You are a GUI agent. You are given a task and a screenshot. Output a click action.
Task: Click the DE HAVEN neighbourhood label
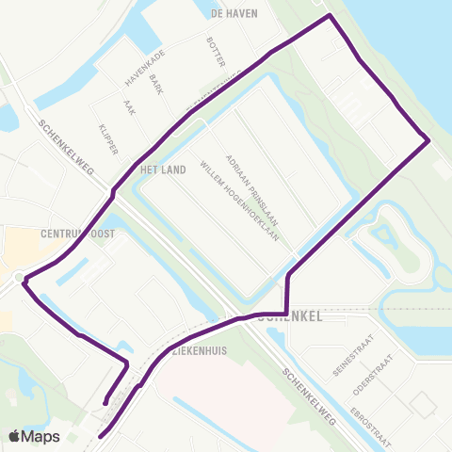[x=229, y=15]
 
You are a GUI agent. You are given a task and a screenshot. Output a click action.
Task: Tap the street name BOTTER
[x=217, y=53]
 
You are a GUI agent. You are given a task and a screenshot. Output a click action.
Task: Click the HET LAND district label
[x=159, y=170]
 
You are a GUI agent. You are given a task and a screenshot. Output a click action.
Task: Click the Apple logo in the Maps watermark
[x=16, y=436]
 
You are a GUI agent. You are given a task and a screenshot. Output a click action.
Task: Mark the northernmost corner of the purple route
[x=329, y=16]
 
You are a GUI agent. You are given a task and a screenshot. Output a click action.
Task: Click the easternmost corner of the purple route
[x=428, y=141]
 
